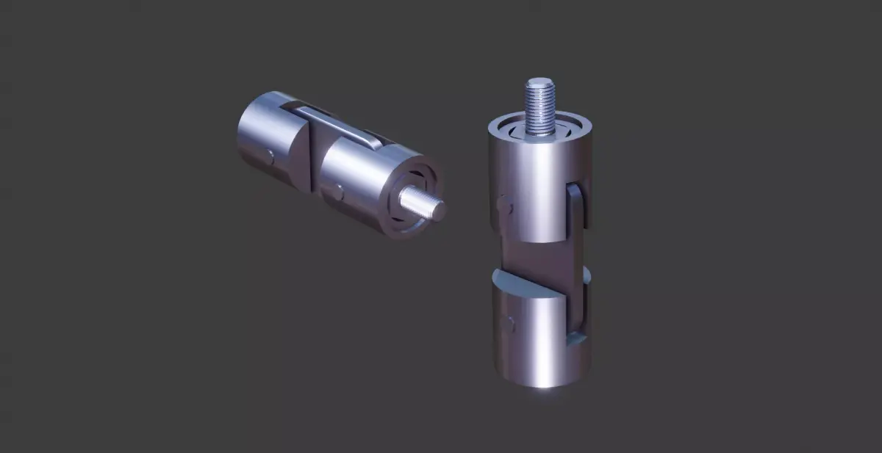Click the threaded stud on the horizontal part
tap(420, 203)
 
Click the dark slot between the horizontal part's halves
tap(315, 162)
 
